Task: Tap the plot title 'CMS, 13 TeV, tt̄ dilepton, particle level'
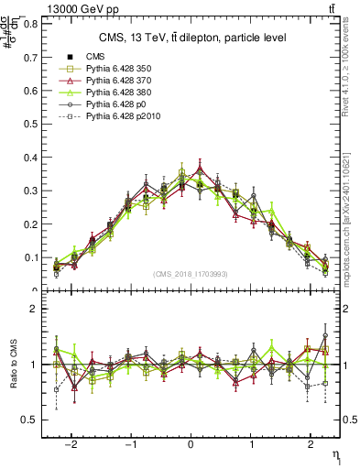(192, 38)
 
